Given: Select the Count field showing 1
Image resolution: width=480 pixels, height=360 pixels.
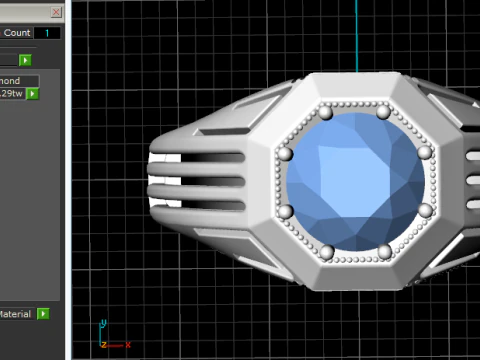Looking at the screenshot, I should (47, 33).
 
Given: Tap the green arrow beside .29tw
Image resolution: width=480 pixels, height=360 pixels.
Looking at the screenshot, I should (33, 94).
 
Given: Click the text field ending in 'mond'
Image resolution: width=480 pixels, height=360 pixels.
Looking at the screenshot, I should (18, 81).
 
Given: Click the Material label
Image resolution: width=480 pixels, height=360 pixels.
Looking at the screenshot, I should (14, 314).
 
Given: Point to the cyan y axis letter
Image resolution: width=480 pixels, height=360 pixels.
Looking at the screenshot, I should (104, 324).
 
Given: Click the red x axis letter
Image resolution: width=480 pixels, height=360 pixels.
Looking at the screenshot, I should (128, 344).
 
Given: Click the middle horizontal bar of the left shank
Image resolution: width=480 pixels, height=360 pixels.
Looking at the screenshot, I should (200, 182).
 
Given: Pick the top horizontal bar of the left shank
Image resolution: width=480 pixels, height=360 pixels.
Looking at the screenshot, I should (200, 157).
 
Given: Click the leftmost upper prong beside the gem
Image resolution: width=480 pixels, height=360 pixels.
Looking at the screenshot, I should (284, 153).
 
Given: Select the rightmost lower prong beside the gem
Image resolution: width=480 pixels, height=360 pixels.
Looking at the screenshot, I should (424, 210).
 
